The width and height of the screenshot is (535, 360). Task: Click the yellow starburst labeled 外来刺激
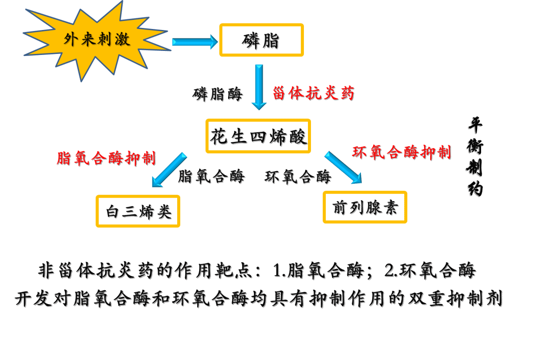click(97, 40)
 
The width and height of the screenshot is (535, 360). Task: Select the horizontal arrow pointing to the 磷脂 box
click(195, 41)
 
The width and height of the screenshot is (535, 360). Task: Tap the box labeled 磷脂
click(262, 40)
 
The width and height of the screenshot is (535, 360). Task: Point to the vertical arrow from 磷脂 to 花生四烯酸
click(259, 87)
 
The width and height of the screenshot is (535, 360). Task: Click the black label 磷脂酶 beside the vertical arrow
click(218, 94)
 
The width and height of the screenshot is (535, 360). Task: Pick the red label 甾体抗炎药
click(313, 93)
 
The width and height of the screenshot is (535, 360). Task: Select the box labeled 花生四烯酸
click(259, 136)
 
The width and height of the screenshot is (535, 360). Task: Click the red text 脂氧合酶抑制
click(106, 158)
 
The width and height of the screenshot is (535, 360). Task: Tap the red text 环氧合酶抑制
click(402, 152)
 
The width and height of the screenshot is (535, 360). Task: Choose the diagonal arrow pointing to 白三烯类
click(169, 170)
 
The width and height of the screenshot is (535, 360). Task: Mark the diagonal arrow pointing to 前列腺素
click(343, 168)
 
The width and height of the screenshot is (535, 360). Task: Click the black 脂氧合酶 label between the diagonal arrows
click(212, 176)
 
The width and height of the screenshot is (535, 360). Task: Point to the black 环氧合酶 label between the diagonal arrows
click(298, 177)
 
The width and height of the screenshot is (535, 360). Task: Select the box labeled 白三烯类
click(138, 211)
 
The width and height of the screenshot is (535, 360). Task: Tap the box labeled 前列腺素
click(365, 207)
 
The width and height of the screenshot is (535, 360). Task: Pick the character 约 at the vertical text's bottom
click(475, 189)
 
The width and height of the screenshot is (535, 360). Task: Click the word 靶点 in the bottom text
click(234, 271)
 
